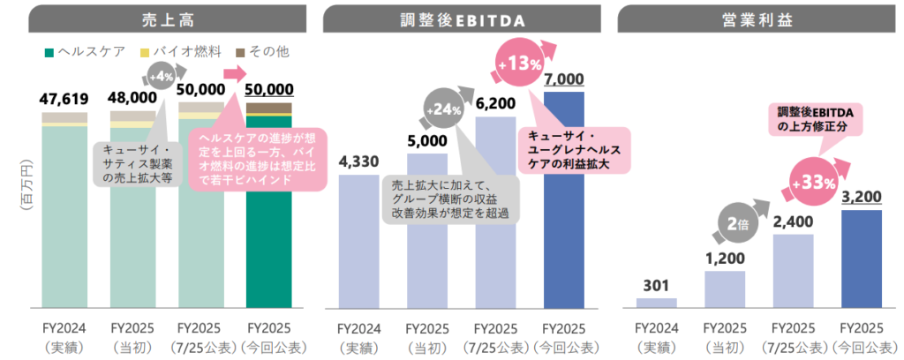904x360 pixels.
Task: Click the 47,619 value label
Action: pyautogui.click(x=64, y=97)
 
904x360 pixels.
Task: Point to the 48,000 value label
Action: pyautogui.click(x=132, y=97)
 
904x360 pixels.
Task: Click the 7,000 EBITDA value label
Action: pyautogui.click(x=564, y=79)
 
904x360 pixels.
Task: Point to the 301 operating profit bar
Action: pyautogui.click(x=656, y=303)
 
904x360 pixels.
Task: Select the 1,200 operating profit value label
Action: pyautogui.click(x=724, y=259)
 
